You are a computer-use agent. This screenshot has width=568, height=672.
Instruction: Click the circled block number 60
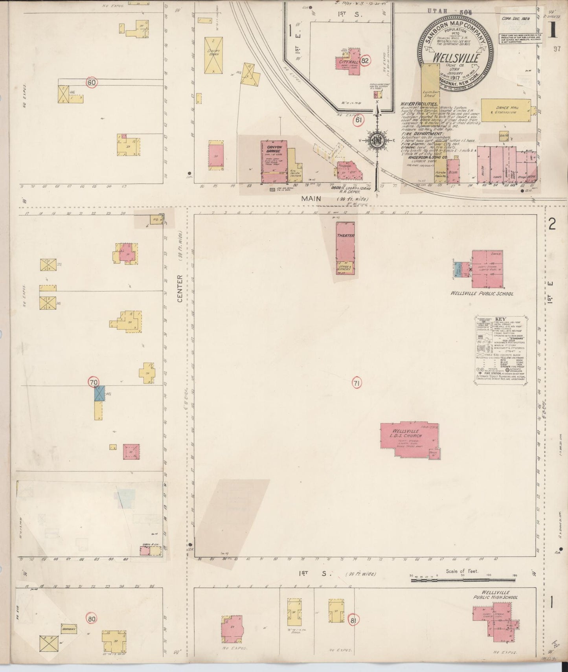[x=92, y=83]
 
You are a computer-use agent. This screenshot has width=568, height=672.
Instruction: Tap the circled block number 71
[x=357, y=383]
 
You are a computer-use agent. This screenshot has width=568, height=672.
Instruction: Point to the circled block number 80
[x=92, y=619]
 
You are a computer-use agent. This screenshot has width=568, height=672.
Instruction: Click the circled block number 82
[x=366, y=61]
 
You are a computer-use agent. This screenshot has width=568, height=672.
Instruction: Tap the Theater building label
[x=346, y=236]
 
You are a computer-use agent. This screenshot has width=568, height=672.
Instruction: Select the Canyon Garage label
[x=271, y=149]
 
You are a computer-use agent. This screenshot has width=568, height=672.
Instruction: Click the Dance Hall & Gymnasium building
[x=505, y=110]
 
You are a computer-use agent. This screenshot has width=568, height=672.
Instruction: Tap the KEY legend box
[x=500, y=350]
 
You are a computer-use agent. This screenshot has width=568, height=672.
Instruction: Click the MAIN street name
[x=311, y=199]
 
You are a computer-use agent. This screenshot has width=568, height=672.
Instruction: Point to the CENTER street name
[x=180, y=288]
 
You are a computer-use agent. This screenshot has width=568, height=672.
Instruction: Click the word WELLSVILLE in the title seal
[x=456, y=58]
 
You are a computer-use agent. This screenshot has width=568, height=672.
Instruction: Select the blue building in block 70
[x=99, y=393]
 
